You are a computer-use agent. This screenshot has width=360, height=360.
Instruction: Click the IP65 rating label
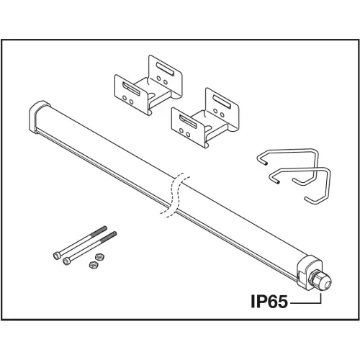click(x=269, y=302)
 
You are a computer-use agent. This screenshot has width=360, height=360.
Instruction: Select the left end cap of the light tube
click(x=38, y=117)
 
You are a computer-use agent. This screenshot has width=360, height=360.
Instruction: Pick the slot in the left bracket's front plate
click(x=131, y=89)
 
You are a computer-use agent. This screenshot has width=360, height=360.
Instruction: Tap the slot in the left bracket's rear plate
click(x=165, y=69)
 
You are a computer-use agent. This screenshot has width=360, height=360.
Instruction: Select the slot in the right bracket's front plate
click(x=188, y=121)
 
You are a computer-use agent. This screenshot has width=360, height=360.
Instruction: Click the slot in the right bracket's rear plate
click(x=222, y=102)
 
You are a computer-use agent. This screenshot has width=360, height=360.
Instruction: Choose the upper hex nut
click(x=99, y=257)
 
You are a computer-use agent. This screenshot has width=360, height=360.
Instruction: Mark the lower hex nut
click(x=93, y=264)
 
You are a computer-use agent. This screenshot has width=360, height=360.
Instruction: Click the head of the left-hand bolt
click(x=57, y=256)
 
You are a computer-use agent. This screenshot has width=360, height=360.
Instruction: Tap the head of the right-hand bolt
click(x=66, y=261)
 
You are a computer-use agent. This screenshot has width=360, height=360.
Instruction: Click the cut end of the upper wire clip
click(x=265, y=163)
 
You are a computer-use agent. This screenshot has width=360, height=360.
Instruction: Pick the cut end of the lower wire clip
click(x=278, y=183)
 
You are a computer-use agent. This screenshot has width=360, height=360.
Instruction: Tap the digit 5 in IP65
click(x=282, y=302)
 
